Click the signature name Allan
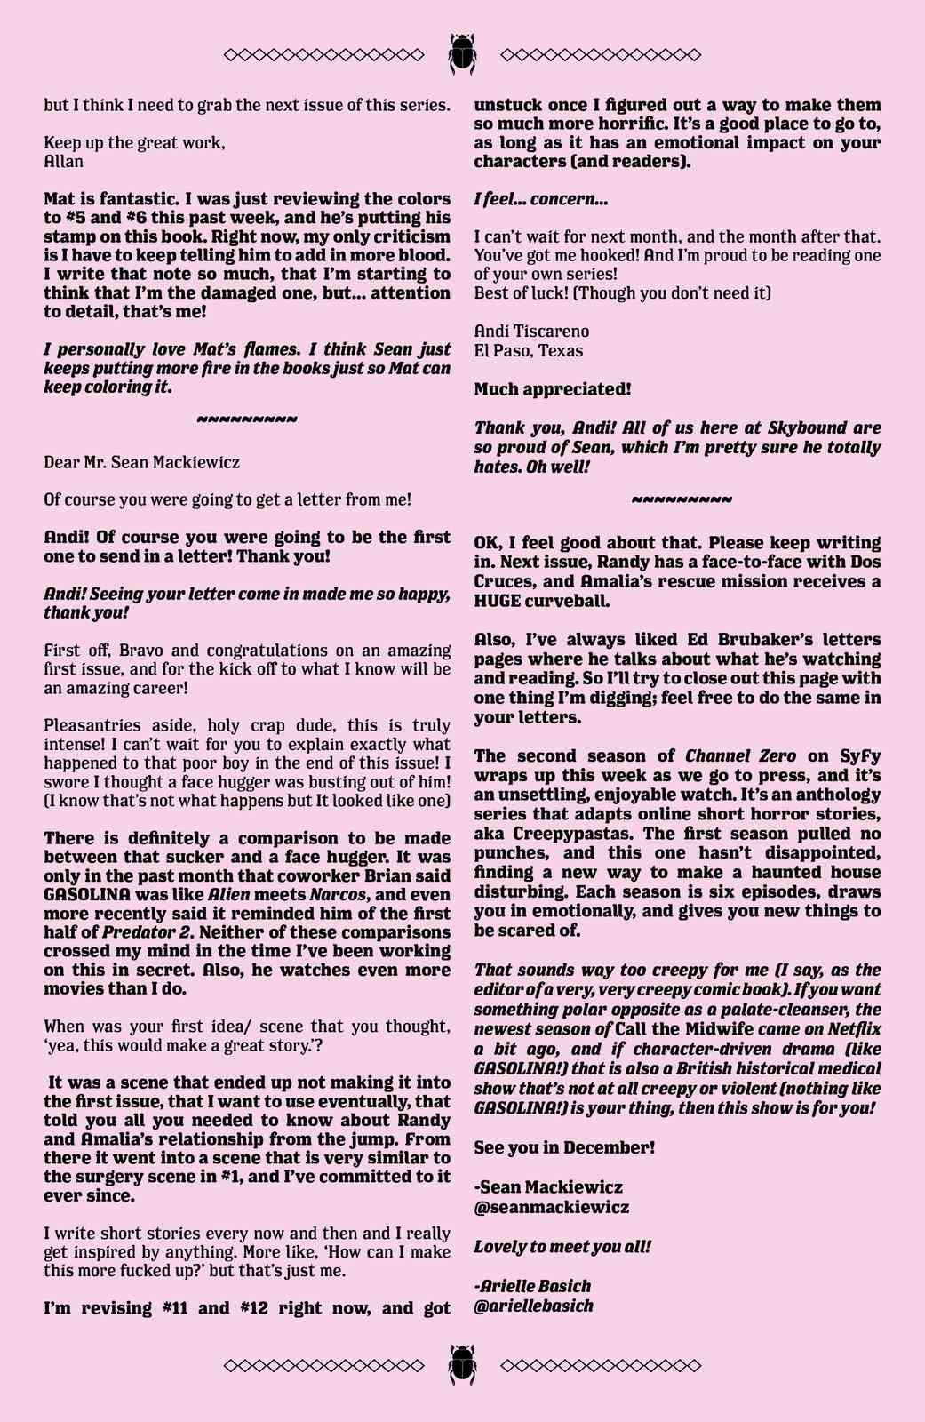[x=64, y=162]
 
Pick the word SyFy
[x=859, y=756]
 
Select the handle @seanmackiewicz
[x=552, y=1207]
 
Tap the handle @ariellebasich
[x=533, y=1306]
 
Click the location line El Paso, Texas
[x=529, y=350]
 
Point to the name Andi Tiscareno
[x=531, y=331]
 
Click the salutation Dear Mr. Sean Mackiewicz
[x=141, y=462]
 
